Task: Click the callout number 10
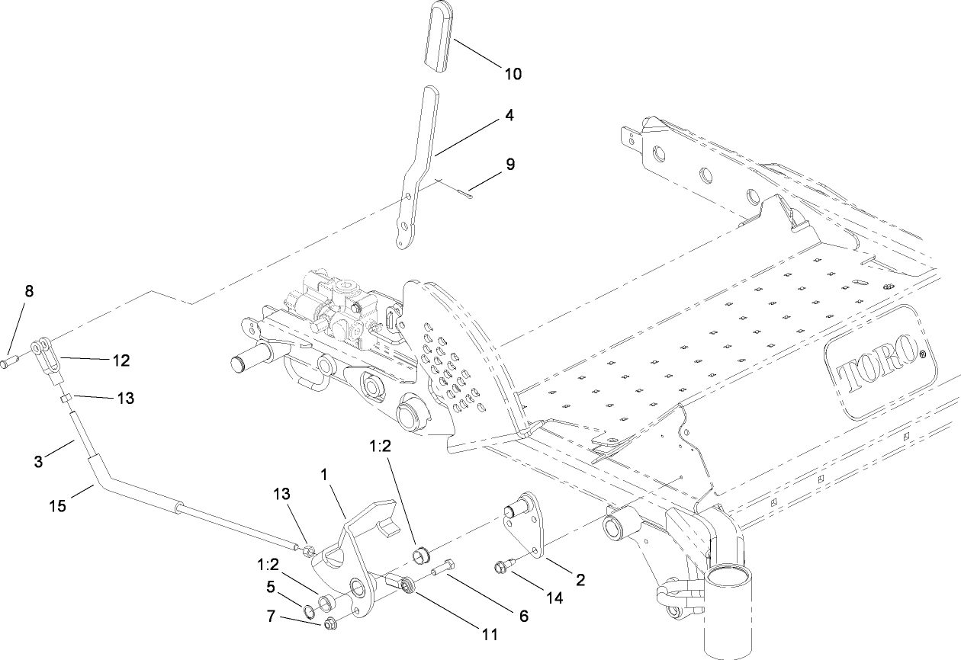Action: (x=513, y=74)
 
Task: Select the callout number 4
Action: (x=509, y=116)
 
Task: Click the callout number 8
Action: (x=29, y=290)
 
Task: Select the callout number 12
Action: (x=121, y=360)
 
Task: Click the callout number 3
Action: (x=38, y=462)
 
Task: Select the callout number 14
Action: (x=554, y=598)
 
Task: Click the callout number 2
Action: (x=580, y=580)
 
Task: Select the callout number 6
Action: (x=523, y=617)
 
